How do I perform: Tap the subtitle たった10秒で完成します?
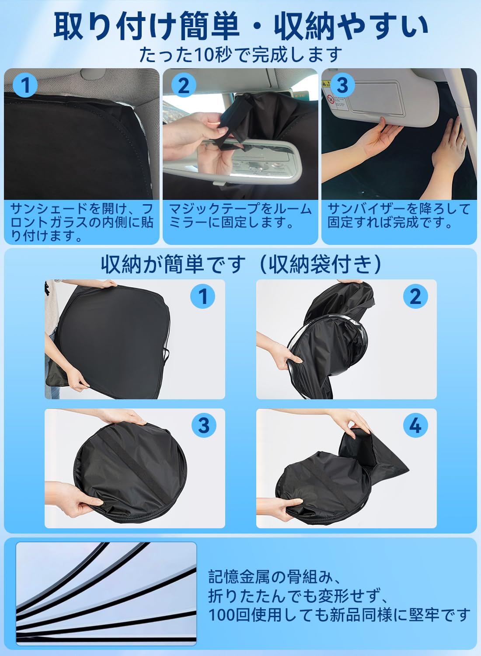tap(240, 55)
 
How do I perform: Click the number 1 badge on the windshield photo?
tap(25, 86)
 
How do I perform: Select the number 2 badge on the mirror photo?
tap(183, 86)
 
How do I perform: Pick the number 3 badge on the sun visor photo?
tap(342, 85)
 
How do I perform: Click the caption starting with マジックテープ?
tap(240, 216)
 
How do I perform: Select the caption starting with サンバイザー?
tap(399, 216)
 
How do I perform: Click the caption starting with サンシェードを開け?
tap(82, 223)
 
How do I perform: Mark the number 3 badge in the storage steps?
tap(204, 425)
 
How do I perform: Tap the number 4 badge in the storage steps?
tap(416, 425)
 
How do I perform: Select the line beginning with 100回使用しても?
tap(339, 617)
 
